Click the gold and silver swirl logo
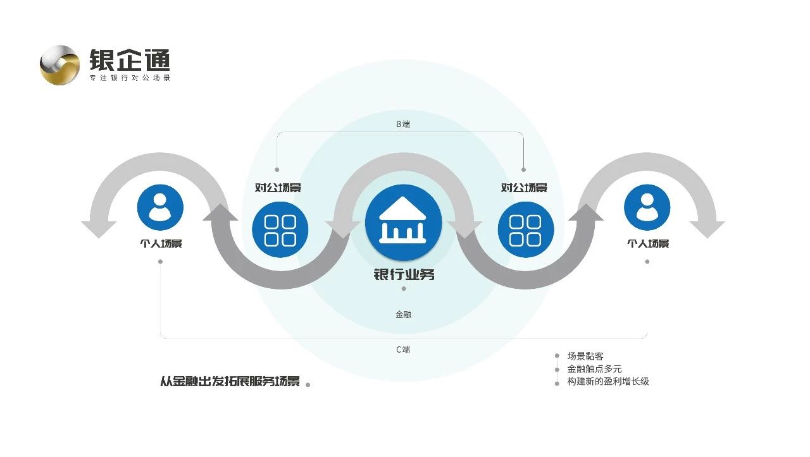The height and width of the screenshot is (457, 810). [59, 64]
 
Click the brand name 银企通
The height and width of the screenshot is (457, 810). [130, 60]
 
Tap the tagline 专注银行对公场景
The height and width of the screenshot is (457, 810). [130, 78]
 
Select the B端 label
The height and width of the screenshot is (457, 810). [403, 124]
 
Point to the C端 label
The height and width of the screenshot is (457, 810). [403, 350]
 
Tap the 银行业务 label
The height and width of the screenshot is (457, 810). [404, 275]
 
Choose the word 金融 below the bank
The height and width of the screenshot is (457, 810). [403, 314]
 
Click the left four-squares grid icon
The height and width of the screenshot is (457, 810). [280, 229]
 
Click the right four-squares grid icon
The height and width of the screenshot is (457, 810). [526, 229]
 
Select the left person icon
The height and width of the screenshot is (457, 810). [160, 207]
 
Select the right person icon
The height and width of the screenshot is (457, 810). [647, 207]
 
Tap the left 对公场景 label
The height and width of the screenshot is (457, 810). [278, 188]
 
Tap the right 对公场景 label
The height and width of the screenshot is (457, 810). [524, 188]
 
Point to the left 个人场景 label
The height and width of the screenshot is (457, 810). [161, 243]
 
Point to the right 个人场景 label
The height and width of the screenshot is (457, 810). [647, 243]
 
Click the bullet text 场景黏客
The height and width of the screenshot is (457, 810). [585, 356]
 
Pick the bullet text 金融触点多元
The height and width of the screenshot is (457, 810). [594, 369]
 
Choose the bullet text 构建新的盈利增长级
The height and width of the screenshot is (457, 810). [608, 382]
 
